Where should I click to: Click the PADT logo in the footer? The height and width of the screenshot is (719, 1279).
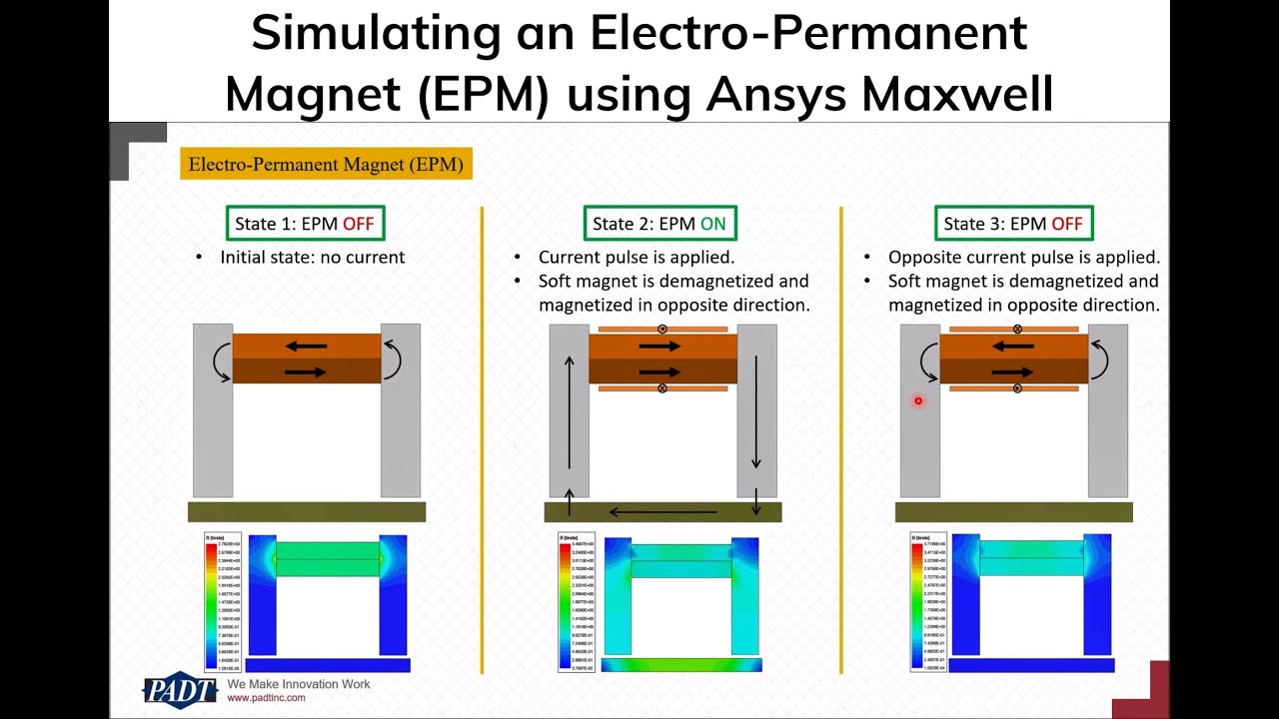pos(180,690)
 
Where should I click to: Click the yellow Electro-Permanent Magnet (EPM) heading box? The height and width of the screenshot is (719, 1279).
pos(326,164)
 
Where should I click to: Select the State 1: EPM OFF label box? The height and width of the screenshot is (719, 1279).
pos(304,224)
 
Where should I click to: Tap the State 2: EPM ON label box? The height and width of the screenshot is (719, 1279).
pos(659,224)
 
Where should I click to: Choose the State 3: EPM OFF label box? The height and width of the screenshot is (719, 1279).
pos(1013,224)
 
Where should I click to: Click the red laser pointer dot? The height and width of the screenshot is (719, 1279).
pos(917,401)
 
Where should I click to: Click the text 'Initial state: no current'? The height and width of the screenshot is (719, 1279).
pos(312,257)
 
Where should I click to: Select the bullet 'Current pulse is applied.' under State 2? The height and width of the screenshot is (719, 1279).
pos(637,257)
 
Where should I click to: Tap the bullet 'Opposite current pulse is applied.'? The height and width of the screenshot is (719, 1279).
pos(1023,257)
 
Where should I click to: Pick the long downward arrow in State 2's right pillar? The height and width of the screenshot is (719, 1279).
pos(756,410)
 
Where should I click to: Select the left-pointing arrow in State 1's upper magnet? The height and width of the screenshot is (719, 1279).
pos(306,347)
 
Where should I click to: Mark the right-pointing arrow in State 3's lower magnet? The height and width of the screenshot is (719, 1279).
pos(1013,371)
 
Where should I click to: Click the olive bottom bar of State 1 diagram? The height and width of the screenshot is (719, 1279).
pos(307,511)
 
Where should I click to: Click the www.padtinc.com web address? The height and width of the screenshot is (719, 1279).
pos(266,698)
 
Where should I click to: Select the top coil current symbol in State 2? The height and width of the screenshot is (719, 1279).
pos(662,329)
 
